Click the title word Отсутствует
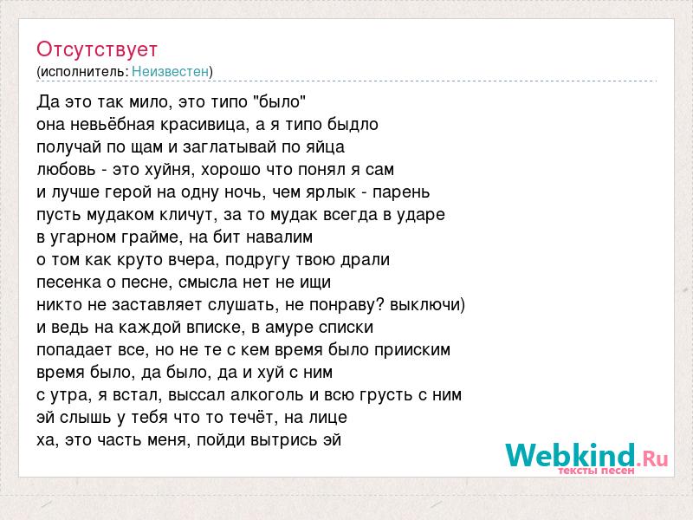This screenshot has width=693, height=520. pos(97,49)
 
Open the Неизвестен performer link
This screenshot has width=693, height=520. pos(170,71)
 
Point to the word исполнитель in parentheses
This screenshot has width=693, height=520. pos(83,72)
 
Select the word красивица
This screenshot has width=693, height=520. pos(203,125)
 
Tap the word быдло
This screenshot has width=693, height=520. pos(353,124)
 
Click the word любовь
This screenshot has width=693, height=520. pos(66,169)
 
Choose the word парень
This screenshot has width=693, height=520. pos(401,192)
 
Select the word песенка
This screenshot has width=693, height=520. pos(69,283)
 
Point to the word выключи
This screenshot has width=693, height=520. pos(425,305)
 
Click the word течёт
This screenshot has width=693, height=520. pos(251,417)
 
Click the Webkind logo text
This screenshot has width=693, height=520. pos(586,455)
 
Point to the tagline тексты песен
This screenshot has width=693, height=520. pos(596,471)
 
